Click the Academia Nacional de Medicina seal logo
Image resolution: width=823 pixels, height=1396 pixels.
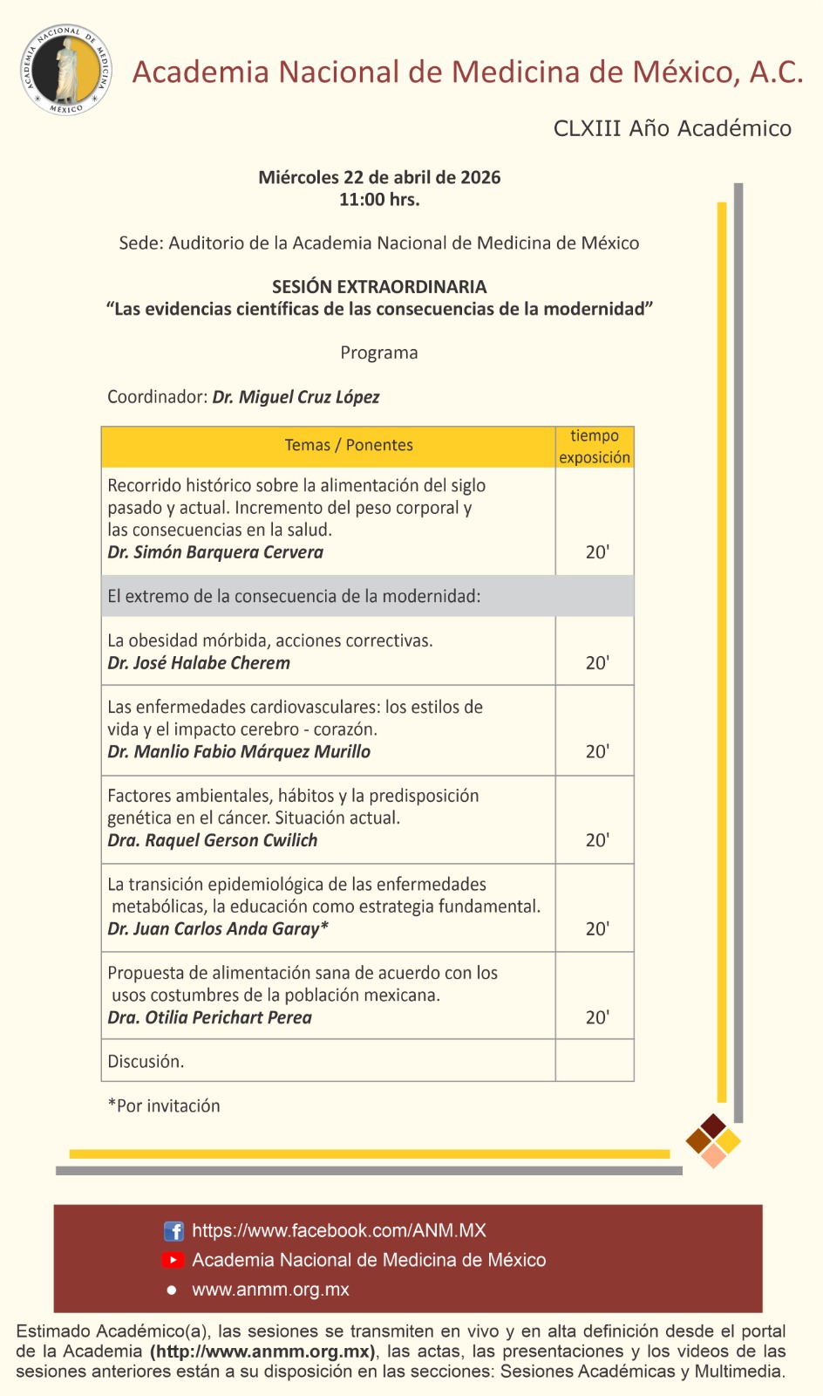(x=66, y=70)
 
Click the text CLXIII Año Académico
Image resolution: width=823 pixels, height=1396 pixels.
(x=672, y=128)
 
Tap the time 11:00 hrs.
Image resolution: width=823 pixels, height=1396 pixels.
(x=379, y=200)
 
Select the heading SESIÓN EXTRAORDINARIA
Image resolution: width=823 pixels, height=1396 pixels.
(x=379, y=287)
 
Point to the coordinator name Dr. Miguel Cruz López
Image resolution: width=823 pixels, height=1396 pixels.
(x=296, y=397)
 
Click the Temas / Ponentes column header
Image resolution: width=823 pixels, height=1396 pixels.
(x=349, y=445)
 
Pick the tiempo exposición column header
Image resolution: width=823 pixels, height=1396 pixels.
(x=595, y=446)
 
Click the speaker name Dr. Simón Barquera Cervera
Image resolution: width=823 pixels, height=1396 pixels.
(x=215, y=552)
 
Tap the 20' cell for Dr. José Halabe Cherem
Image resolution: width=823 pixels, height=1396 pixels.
(x=597, y=663)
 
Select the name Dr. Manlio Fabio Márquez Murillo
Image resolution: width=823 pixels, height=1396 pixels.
(x=239, y=751)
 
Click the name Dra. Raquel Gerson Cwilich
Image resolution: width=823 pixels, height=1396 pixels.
(x=212, y=840)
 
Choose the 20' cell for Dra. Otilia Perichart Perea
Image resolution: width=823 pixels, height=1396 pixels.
(x=597, y=1017)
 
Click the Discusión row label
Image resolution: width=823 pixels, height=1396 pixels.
(x=146, y=1062)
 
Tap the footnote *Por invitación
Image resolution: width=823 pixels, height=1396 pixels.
(x=164, y=1105)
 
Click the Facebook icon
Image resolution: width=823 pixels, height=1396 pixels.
(x=173, y=1231)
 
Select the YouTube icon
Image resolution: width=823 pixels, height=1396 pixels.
(x=173, y=1260)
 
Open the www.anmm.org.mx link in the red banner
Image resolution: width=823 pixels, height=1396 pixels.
(x=270, y=1290)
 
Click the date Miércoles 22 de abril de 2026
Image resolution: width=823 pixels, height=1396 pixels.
(x=379, y=177)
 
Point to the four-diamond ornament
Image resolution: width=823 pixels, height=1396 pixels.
(x=713, y=1140)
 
